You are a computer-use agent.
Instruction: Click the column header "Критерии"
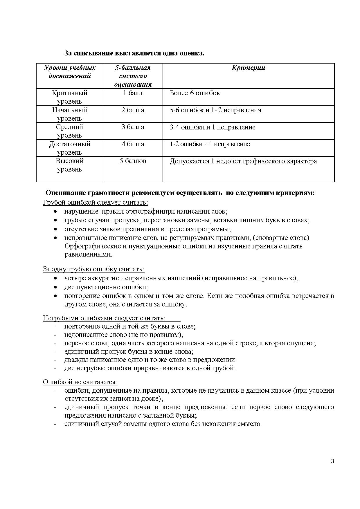(x=248, y=68)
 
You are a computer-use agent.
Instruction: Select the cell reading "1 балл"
(x=133, y=93)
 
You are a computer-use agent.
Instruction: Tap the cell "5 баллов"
(x=133, y=161)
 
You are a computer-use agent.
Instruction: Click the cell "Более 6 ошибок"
(x=195, y=93)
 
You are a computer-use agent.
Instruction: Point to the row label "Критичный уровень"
(x=69, y=97)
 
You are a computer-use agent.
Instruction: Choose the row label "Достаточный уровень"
(x=69, y=148)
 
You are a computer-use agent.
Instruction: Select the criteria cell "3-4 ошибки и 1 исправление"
(x=213, y=127)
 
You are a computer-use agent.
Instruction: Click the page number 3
(x=332, y=461)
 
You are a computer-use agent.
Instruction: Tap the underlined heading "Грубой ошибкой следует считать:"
(x=95, y=202)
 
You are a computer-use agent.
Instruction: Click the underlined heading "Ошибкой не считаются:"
(x=80, y=382)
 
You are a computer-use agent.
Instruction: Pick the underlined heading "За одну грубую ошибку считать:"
(x=93, y=269)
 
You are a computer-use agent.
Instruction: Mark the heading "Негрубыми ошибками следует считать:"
(x=104, y=318)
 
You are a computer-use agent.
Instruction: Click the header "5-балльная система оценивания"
(x=133, y=76)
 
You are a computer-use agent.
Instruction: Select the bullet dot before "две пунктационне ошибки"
(x=55, y=287)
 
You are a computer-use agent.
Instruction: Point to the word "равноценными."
(x=88, y=255)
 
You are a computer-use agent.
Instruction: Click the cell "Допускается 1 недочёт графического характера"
(x=243, y=161)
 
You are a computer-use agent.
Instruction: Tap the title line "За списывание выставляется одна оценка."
(x=134, y=53)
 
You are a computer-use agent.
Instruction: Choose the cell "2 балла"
(x=133, y=110)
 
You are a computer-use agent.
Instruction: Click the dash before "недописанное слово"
(x=55, y=335)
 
